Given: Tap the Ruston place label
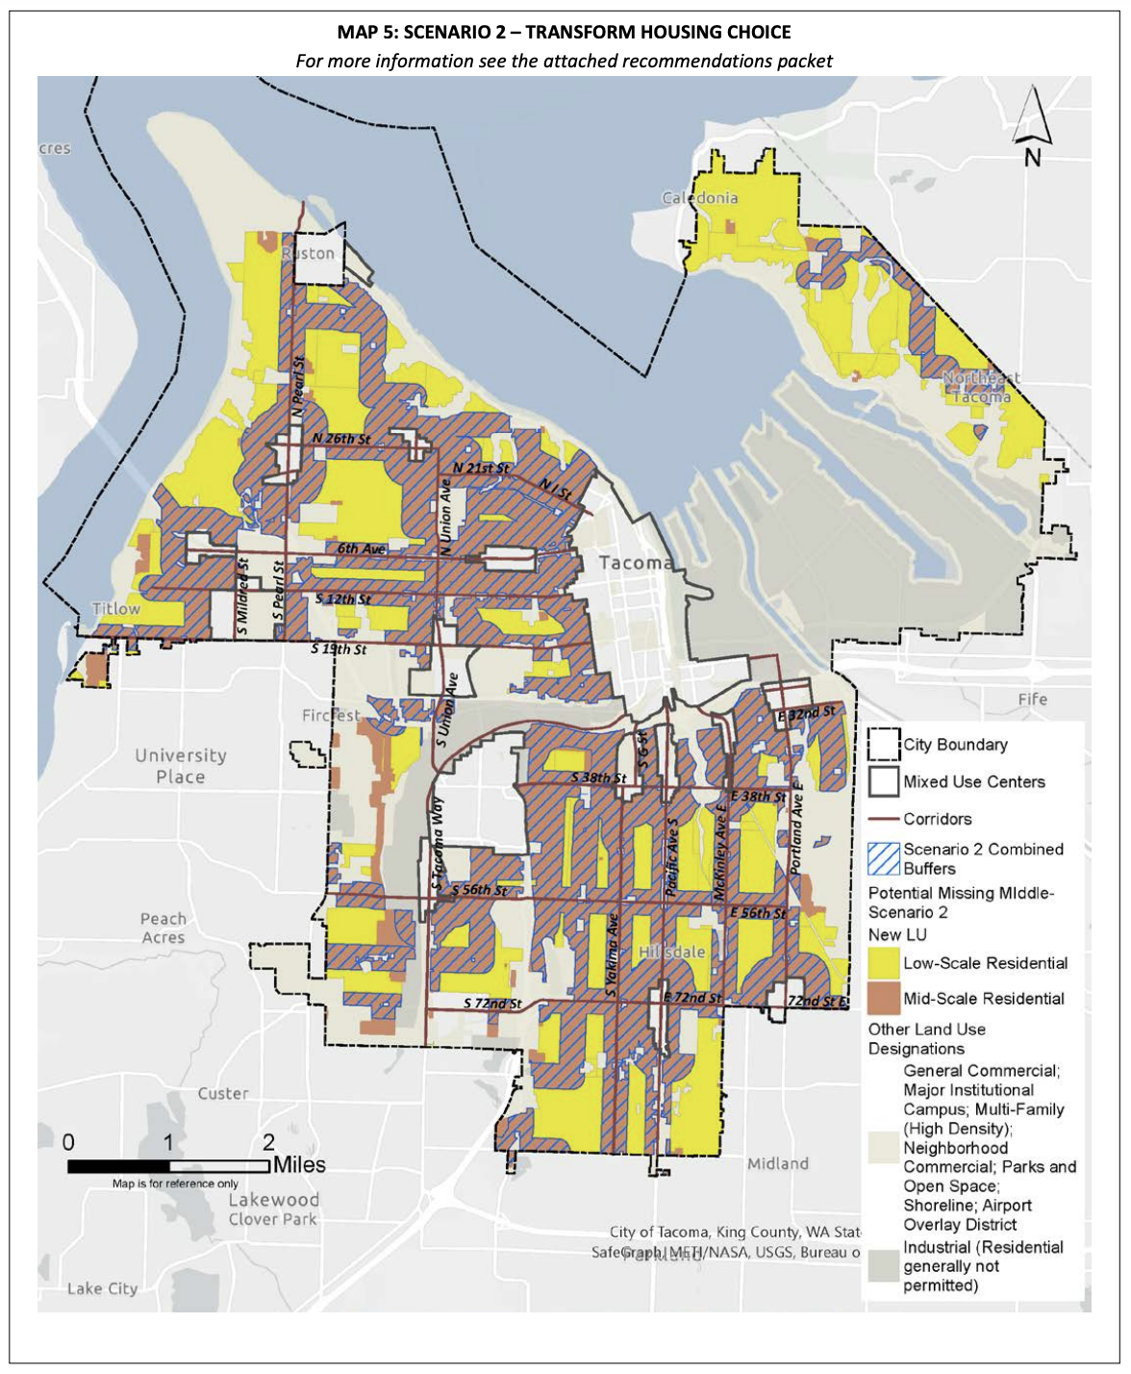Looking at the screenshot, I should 310,254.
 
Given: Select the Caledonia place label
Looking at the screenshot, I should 700,198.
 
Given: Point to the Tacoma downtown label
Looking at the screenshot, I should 634,563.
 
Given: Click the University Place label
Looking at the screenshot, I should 181,766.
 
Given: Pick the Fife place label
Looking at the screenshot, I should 1032,699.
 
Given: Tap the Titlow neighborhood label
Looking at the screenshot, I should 115,609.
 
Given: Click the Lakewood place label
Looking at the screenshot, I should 273,1200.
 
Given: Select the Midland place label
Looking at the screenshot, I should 777,1164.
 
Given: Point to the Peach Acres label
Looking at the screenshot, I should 163,928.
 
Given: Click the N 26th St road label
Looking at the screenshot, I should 341,439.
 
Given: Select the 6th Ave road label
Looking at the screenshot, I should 361,548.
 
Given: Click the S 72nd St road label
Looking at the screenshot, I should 491,1004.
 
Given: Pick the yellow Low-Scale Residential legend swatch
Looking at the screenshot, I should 883,963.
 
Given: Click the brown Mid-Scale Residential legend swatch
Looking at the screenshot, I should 883,999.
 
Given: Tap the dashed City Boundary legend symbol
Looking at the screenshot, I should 883,745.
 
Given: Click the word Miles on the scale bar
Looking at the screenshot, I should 299,1165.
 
